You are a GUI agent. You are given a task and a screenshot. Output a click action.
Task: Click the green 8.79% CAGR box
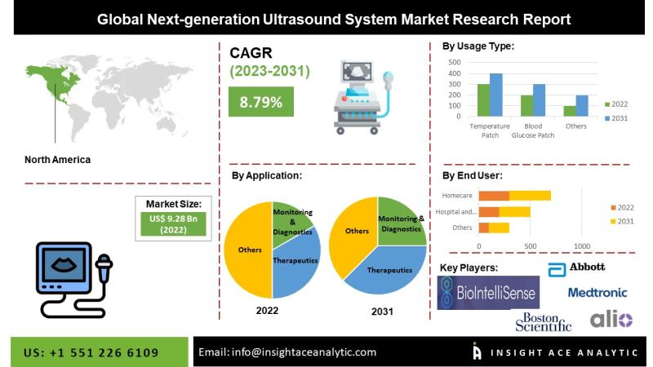(x=260, y=101)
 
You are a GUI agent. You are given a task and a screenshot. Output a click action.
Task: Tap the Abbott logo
(x=576, y=269)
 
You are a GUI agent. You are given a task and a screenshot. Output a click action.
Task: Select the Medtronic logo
(x=597, y=293)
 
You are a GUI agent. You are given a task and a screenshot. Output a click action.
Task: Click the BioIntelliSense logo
(x=488, y=293)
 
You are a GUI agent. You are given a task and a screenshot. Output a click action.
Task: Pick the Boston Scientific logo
(x=543, y=322)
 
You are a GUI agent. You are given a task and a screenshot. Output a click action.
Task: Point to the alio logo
(x=611, y=320)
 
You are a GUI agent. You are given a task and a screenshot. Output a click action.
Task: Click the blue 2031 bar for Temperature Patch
(x=496, y=95)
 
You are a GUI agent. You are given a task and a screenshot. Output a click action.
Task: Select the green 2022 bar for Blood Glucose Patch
(x=526, y=106)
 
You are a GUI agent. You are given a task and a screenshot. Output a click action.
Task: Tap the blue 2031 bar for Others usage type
(x=582, y=106)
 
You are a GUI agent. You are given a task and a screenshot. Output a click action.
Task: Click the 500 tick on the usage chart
(x=455, y=63)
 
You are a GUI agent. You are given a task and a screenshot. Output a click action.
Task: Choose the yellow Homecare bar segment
(x=530, y=196)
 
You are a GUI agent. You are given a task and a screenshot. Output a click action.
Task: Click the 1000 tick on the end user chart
(x=582, y=246)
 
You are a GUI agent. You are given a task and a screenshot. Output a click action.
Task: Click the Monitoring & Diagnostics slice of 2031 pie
(x=400, y=223)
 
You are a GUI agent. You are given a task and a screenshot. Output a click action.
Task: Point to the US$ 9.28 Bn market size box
(x=173, y=223)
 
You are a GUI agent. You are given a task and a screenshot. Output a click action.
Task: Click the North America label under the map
(x=57, y=160)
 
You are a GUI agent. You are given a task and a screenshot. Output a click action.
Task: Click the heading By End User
(x=473, y=175)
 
